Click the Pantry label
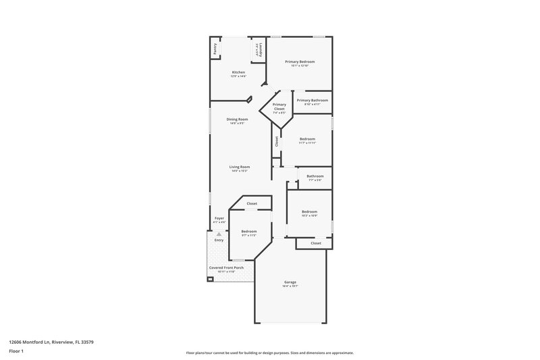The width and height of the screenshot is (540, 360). point(215,49)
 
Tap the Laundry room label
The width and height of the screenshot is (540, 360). point(257,50)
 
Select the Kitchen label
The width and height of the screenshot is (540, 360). point(238,72)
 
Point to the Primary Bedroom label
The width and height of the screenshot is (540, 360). point(300,61)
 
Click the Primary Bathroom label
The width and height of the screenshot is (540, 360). point(313,100)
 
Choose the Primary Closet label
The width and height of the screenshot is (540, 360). point(279,107)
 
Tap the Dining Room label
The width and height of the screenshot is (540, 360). point(238,120)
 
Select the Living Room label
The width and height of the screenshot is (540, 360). point(240,167)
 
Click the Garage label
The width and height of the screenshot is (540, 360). point(290,282)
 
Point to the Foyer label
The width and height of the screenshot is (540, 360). point(219,218)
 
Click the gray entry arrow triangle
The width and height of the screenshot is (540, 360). point(219,234)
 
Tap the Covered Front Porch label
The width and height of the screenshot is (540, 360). point(226,267)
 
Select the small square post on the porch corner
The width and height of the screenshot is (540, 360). point(211,278)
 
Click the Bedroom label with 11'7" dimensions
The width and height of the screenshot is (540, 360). point(307,139)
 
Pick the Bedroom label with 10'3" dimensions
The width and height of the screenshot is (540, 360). point(309,211)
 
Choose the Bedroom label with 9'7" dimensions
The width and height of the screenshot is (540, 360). point(249,232)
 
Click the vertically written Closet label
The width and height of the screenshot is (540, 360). point(277,142)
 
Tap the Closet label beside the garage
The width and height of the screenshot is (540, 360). point(316,243)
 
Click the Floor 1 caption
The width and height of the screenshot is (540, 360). point(16,351)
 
